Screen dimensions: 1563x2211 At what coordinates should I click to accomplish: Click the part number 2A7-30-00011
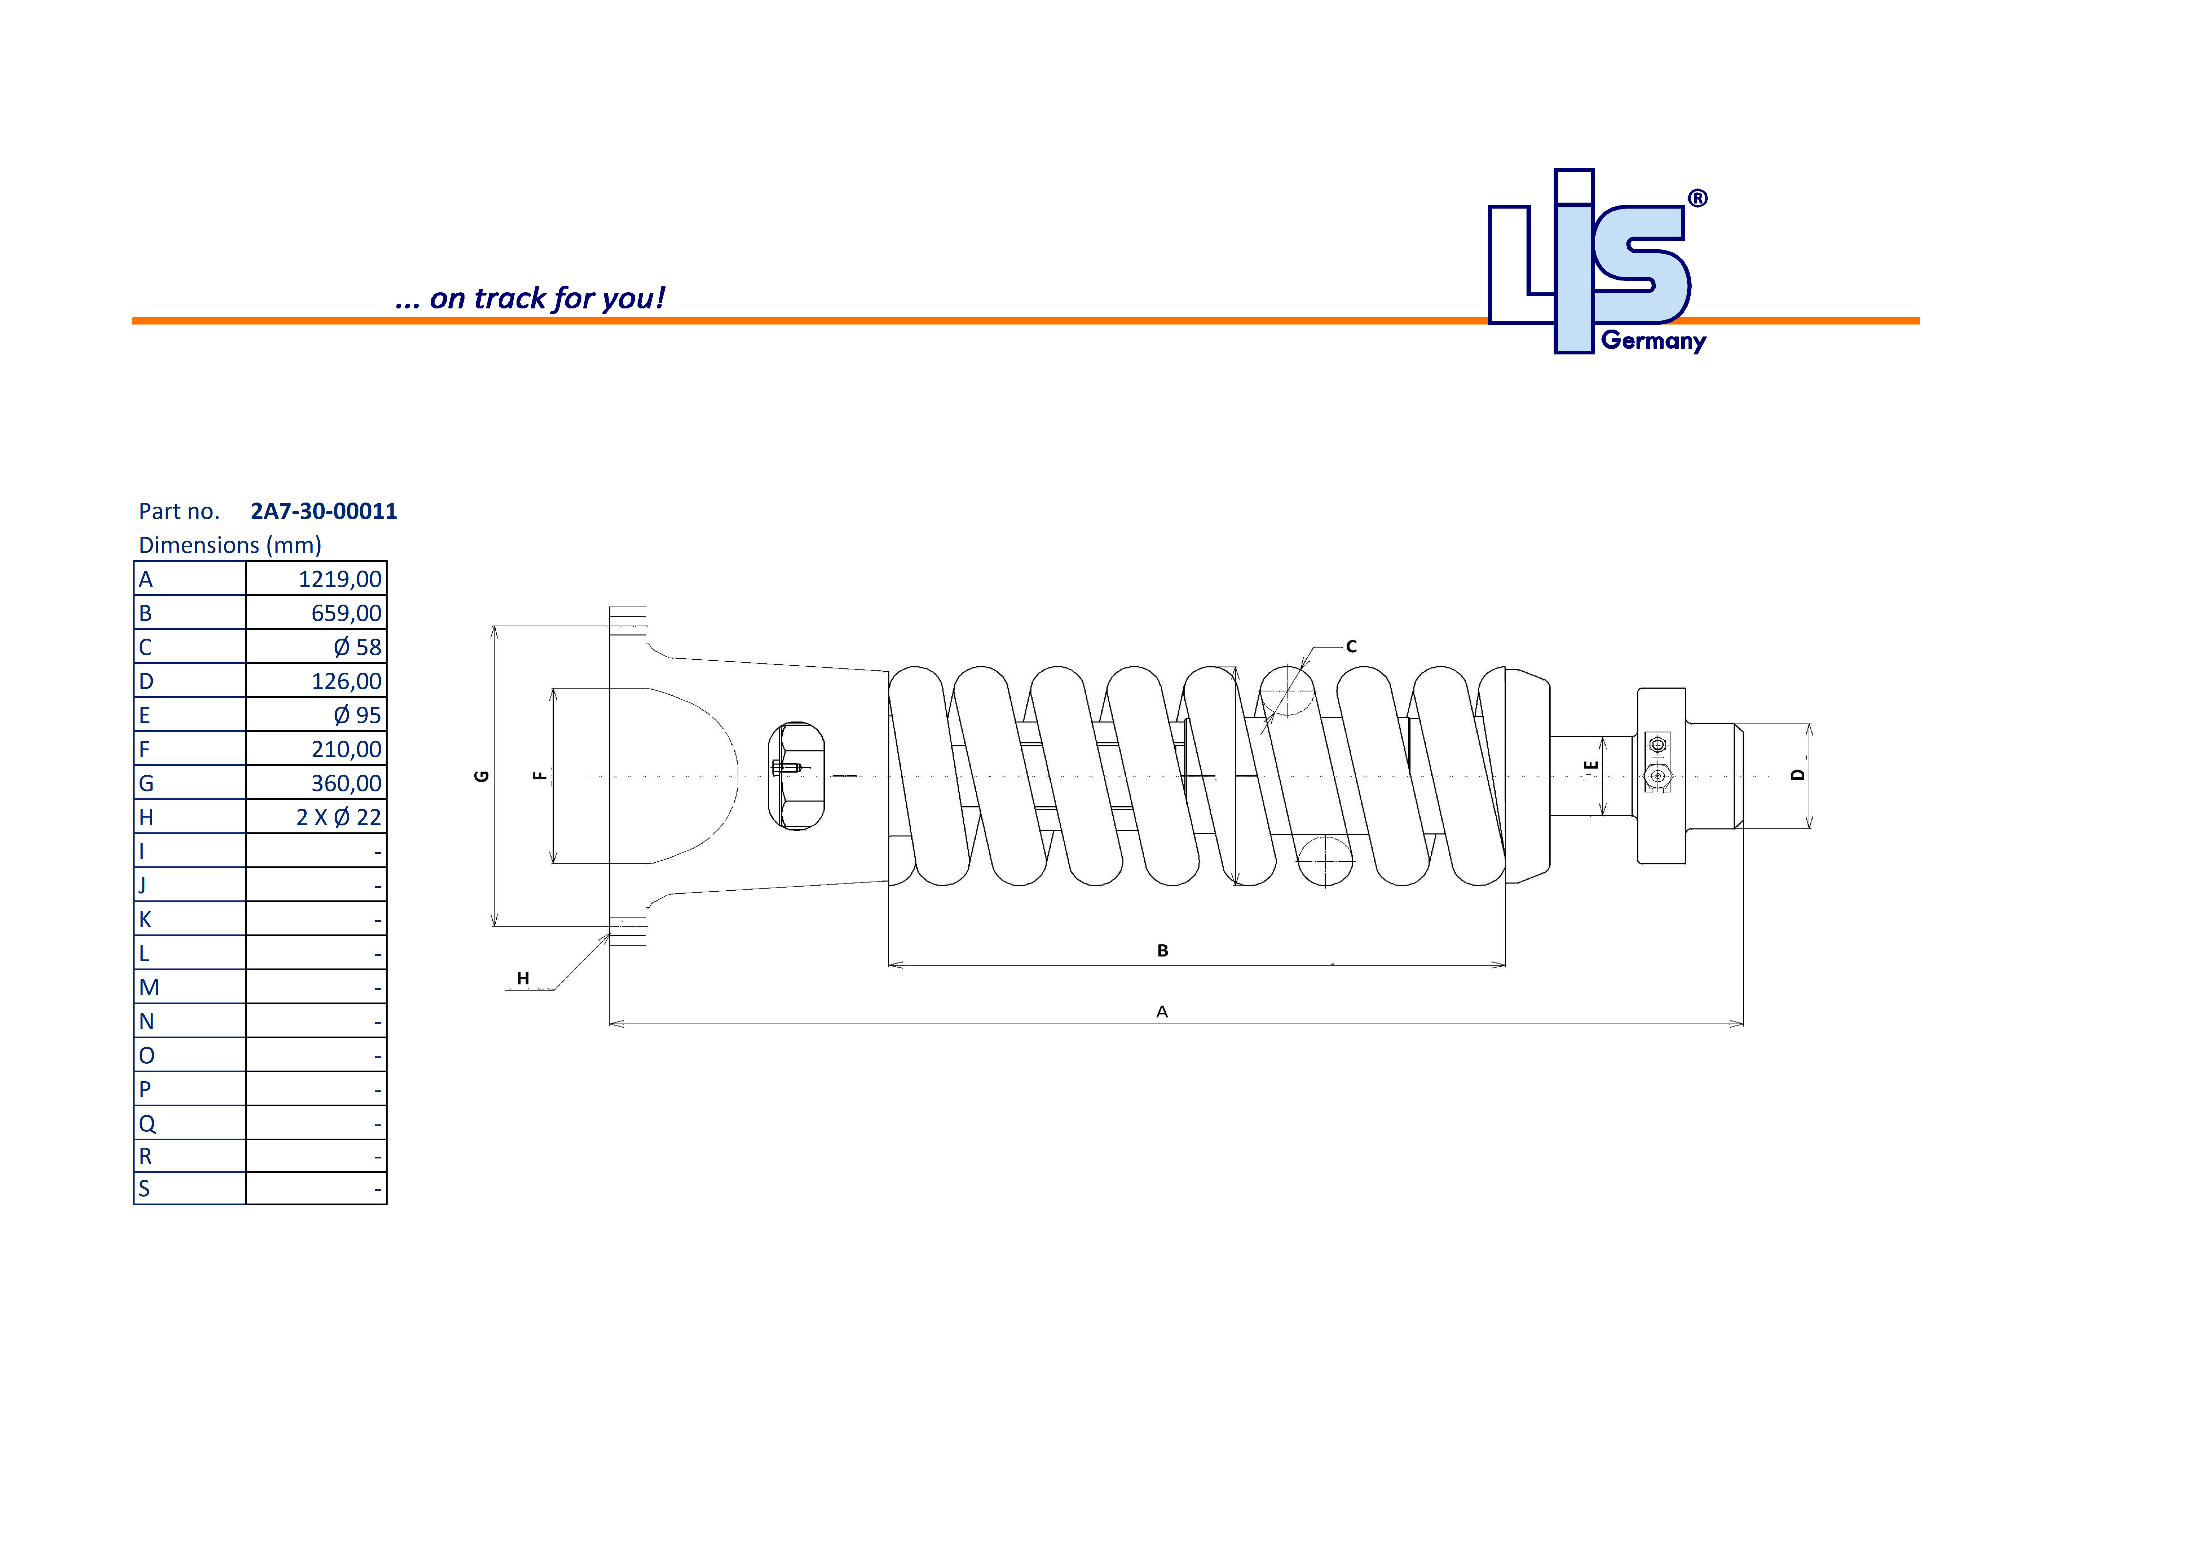pyautogui.click(x=324, y=511)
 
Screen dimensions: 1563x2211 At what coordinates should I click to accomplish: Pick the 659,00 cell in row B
pyautogui.click(x=346, y=613)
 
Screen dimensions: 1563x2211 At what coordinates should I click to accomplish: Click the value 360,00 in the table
pyautogui.click(x=346, y=783)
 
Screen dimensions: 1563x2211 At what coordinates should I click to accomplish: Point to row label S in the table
pyautogui.click(x=144, y=1188)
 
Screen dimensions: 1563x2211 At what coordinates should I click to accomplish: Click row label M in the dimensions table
pyautogui.click(x=149, y=987)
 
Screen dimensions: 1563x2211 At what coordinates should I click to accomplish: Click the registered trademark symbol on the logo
pyautogui.click(x=1698, y=198)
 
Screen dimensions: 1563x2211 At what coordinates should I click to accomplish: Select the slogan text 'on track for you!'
pyautogui.click(x=546, y=299)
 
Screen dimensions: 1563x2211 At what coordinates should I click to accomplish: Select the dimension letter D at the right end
pyautogui.click(x=1797, y=775)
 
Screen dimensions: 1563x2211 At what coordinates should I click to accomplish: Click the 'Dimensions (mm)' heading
pyautogui.click(x=230, y=545)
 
